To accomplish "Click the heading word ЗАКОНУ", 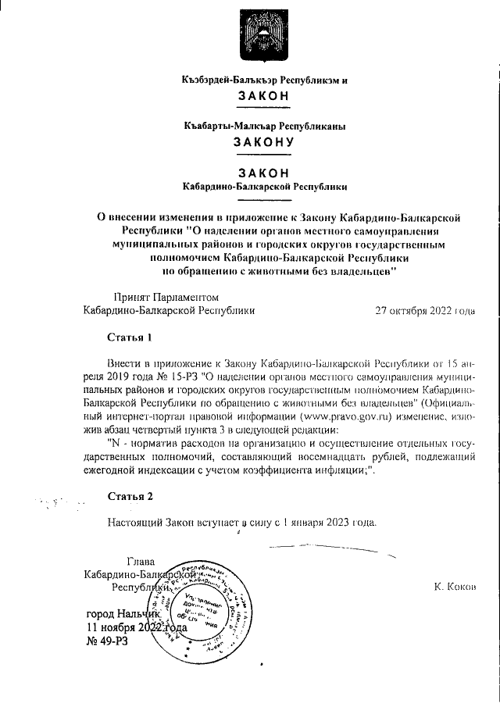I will coord(262,142).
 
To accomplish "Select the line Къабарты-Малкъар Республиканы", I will coord(263,125).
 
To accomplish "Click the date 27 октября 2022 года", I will coord(424,310).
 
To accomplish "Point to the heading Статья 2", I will coord(130,496).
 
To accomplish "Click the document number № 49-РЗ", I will coord(106,641).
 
